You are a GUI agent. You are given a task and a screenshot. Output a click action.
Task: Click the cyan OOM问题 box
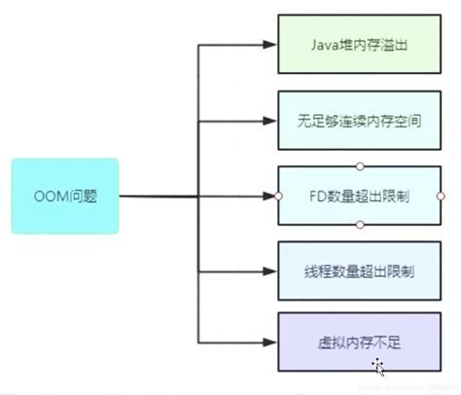point(65,196)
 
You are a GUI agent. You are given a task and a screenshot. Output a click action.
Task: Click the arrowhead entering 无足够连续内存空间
point(270,121)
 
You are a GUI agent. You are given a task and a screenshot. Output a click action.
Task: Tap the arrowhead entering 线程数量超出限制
point(270,270)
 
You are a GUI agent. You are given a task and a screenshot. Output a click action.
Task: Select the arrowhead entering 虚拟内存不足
point(270,341)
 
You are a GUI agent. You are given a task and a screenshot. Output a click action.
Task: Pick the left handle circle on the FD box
point(278,196)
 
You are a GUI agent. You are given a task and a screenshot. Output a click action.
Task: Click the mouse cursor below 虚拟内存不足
point(377,367)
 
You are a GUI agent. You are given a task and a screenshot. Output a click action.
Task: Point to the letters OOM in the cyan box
point(52,196)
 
